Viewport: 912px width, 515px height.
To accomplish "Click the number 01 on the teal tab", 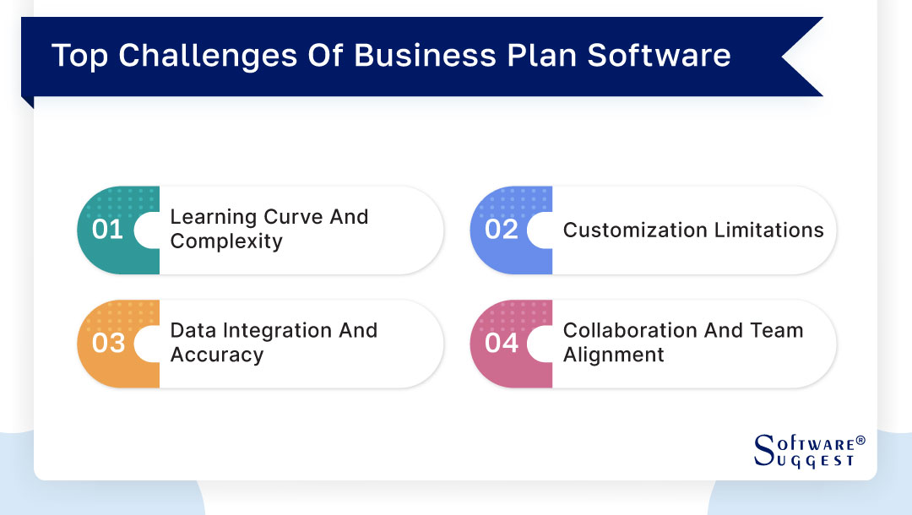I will click(x=107, y=230).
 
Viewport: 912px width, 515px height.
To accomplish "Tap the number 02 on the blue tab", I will click(x=501, y=230).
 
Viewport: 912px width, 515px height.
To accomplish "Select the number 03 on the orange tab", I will click(x=107, y=344).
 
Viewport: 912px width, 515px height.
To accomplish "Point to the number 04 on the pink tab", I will click(x=501, y=344).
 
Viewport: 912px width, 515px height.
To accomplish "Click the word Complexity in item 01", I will click(x=225, y=241).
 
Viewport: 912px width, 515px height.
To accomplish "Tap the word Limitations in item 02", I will click(x=769, y=230).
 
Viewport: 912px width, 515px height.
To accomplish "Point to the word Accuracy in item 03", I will click(x=217, y=355).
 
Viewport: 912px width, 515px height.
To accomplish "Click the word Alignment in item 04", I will click(x=613, y=355).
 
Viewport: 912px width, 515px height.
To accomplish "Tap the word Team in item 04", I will click(x=777, y=330).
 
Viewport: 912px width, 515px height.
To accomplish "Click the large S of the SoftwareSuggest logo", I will click(x=763, y=449).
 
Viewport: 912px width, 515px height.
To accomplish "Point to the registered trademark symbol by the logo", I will click(x=860, y=441).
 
